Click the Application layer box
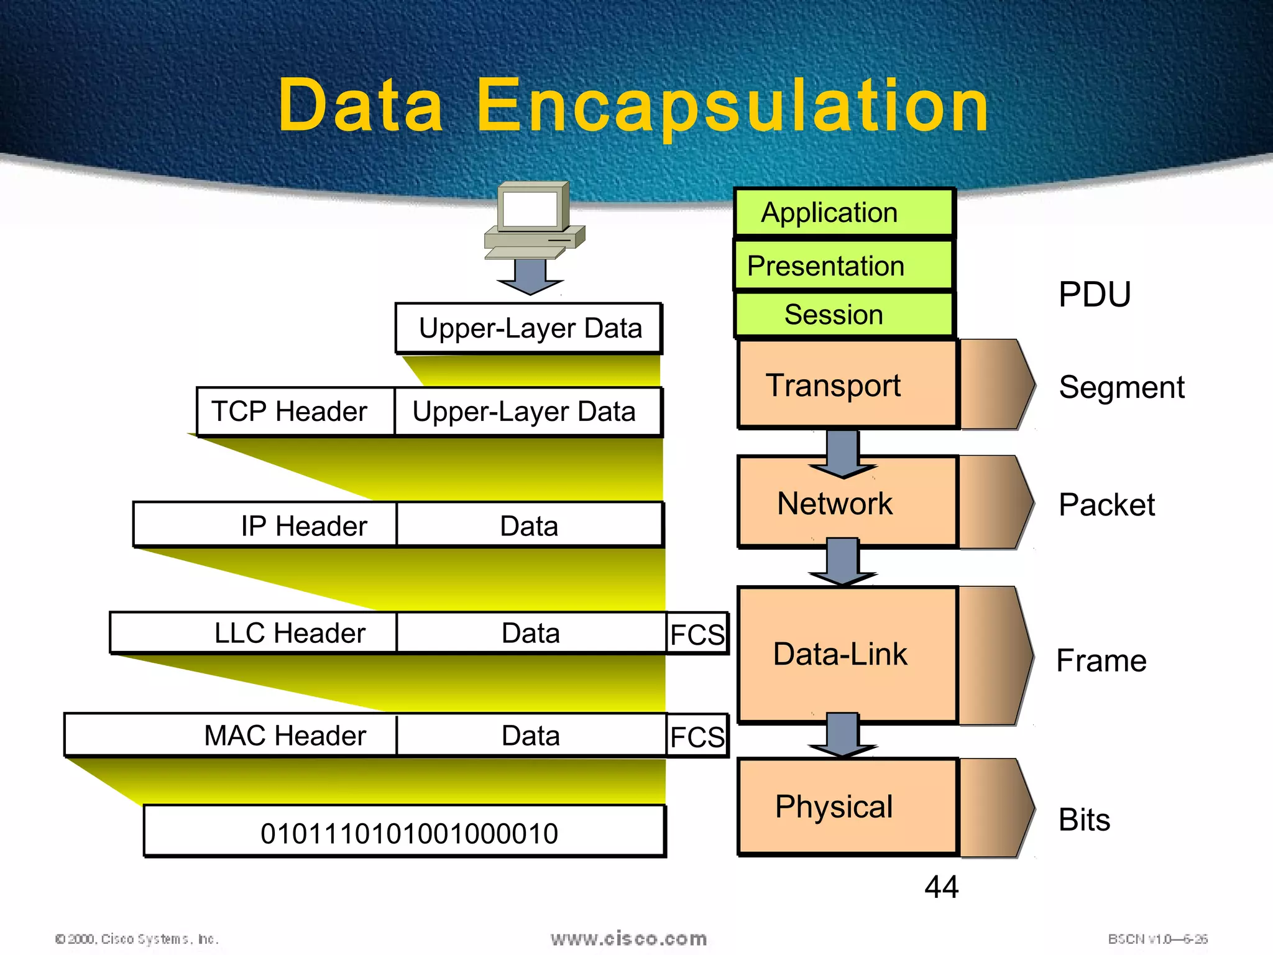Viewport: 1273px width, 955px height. click(843, 213)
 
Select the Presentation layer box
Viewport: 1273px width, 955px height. click(843, 265)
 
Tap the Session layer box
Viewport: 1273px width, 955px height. click(843, 315)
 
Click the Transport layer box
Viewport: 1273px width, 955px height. click(847, 384)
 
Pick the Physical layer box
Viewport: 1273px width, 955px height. click(847, 806)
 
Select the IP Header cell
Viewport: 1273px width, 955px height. click(265, 525)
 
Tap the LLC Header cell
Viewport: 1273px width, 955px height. click(253, 633)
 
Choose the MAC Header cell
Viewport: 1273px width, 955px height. click(230, 735)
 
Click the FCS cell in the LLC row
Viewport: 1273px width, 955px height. click(697, 634)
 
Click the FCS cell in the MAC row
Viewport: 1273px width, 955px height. click(697, 736)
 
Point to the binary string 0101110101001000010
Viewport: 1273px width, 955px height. click(405, 832)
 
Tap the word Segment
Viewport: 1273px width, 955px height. click(1121, 387)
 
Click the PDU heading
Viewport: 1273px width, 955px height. click(1095, 294)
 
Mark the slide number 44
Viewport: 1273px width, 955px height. click(941, 886)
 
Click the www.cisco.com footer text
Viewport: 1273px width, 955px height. click(628, 938)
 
